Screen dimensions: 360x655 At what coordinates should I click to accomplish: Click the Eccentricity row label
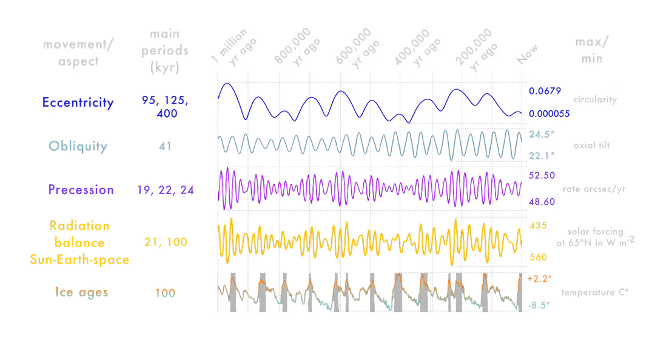click(78, 102)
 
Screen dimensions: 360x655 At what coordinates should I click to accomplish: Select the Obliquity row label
click(78, 146)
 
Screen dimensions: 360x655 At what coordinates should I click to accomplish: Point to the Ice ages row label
click(78, 293)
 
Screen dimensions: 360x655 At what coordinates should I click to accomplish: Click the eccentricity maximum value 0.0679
click(545, 92)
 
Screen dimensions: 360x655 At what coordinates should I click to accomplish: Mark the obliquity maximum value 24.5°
click(541, 134)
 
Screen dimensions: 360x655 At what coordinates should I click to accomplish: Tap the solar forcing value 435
click(536, 224)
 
